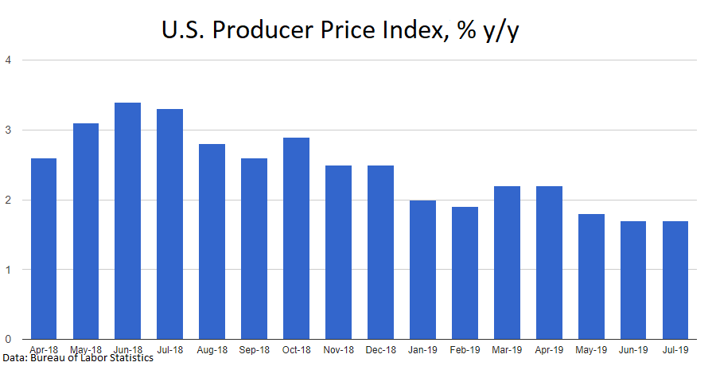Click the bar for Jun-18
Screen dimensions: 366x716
(x=127, y=221)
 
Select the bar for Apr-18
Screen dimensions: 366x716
(x=44, y=249)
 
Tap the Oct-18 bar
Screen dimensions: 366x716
(x=296, y=239)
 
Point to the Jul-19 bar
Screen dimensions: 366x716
(x=675, y=280)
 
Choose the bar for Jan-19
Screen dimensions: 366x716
(x=422, y=270)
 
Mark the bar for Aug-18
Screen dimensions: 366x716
(x=212, y=242)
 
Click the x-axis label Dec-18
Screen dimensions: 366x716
(x=380, y=348)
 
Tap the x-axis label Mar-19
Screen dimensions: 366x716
(x=507, y=348)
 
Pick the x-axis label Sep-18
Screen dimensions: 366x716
(x=254, y=348)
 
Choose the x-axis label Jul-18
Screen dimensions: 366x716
(x=169, y=348)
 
